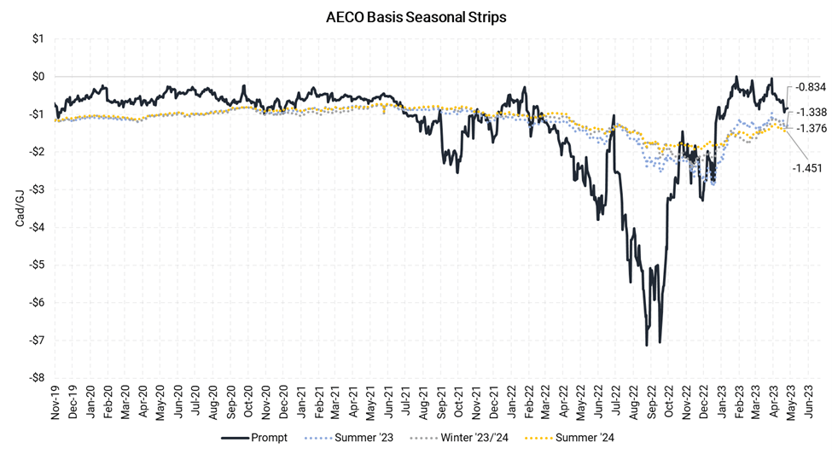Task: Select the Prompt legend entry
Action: coord(259,438)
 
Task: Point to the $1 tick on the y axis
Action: coord(38,39)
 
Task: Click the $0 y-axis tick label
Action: coord(38,77)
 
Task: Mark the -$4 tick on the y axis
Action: coord(37,227)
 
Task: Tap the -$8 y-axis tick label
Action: coord(37,377)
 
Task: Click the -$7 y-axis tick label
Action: coord(37,340)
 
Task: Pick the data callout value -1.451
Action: coord(807,167)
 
